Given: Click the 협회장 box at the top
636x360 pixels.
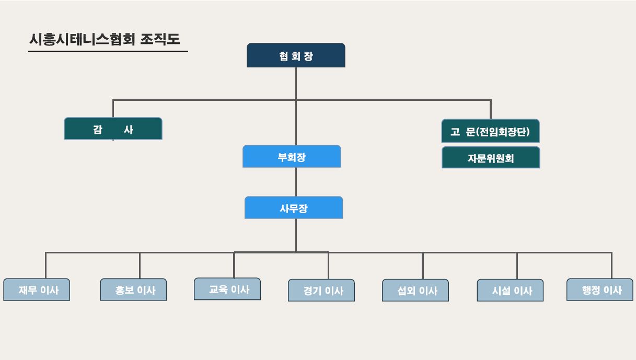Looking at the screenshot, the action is click(x=296, y=55).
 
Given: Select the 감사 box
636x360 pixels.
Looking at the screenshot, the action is click(x=113, y=129).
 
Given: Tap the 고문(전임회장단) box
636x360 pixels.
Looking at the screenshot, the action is click(x=490, y=131).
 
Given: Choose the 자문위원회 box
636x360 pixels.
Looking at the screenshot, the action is click(x=491, y=158).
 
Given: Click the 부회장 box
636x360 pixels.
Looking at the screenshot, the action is click(x=292, y=156).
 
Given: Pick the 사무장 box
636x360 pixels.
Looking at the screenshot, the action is click(x=294, y=207).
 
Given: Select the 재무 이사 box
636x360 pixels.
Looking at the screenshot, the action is click(x=37, y=289).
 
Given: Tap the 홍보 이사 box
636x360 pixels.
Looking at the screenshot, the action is click(x=133, y=289).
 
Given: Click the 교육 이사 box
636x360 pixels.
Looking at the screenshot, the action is click(x=227, y=289).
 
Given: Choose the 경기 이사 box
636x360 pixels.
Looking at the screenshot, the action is click(x=321, y=290).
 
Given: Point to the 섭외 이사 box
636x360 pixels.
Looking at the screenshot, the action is click(x=415, y=290).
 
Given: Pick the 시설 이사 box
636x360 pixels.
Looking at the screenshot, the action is click(x=510, y=290).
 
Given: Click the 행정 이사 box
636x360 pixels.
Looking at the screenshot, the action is click(x=600, y=289).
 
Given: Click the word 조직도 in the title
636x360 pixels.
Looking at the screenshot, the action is click(x=160, y=39).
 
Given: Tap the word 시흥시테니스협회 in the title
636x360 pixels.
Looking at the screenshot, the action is click(x=83, y=39).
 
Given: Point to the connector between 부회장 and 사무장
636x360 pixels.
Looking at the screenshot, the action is click(x=296, y=182).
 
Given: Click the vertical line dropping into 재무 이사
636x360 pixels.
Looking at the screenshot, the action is click(x=45, y=265).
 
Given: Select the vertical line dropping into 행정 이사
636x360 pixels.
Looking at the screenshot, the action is click(x=611, y=265).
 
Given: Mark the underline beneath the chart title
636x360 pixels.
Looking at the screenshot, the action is click(x=108, y=51).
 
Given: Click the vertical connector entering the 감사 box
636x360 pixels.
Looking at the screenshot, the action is click(x=113, y=109).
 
